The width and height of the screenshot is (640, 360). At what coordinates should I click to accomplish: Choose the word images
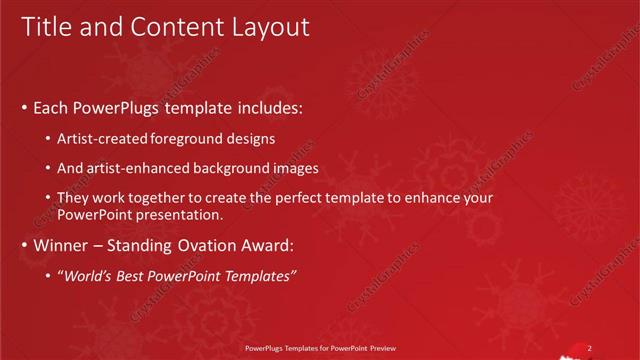click(297, 168)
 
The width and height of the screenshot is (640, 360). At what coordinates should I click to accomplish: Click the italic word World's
click(88, 276)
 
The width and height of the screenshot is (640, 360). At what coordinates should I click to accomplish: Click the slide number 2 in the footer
click(589, 348)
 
